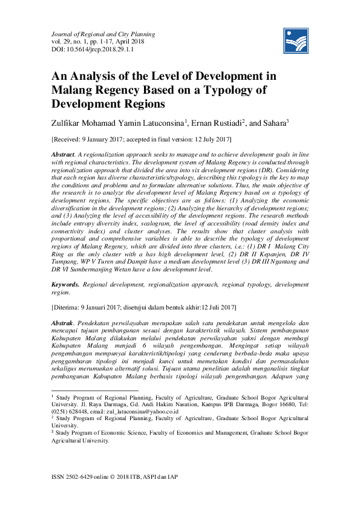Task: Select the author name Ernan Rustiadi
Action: click(217, 123)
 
